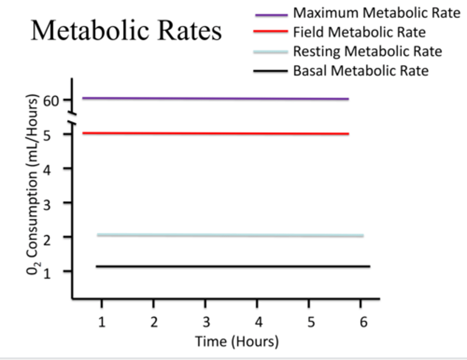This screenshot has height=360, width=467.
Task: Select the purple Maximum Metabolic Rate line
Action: [x=215, y=99]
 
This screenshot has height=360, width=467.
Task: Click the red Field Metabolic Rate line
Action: [x=215, y=133]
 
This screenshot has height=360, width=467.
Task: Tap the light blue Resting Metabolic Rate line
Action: [x=230, y=235]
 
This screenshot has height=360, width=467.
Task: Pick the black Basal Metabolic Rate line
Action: [x=233, y=266]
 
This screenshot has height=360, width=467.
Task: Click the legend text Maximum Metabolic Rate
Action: [x=377, y=13]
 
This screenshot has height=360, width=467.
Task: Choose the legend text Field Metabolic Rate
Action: [x=359, y=32]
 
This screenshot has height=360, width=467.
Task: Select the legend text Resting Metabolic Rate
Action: [x=367, y=51]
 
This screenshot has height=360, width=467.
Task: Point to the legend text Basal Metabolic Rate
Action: [x=361, y=71]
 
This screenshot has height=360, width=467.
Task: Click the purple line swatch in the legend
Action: [x=271, y=15]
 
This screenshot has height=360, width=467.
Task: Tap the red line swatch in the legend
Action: [x=270, y=31]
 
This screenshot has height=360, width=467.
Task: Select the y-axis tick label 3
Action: [x=47, y=205]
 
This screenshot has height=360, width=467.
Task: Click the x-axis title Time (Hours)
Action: [x=237, y=342]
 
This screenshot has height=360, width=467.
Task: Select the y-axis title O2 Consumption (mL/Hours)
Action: [x=32, y=185]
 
